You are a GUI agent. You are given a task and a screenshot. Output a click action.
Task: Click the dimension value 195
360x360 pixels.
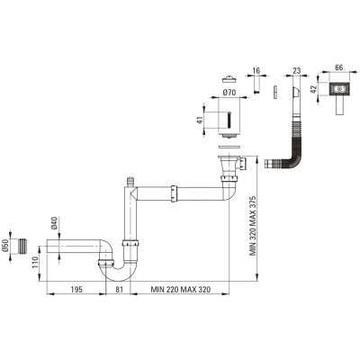76,289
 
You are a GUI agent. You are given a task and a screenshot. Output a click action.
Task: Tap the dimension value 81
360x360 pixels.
120,289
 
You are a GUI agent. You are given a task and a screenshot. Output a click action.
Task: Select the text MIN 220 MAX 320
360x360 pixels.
181,289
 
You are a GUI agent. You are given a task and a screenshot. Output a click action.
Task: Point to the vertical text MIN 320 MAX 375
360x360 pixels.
253,226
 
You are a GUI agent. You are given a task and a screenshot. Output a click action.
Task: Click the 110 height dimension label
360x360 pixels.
35,263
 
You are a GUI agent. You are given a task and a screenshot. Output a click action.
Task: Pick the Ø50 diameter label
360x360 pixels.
6,247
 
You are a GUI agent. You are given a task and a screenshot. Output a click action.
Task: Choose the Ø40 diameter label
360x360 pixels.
55,223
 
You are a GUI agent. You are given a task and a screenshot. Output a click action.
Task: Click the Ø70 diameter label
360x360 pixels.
229,93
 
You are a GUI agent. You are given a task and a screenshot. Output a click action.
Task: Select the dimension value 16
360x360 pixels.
256,71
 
